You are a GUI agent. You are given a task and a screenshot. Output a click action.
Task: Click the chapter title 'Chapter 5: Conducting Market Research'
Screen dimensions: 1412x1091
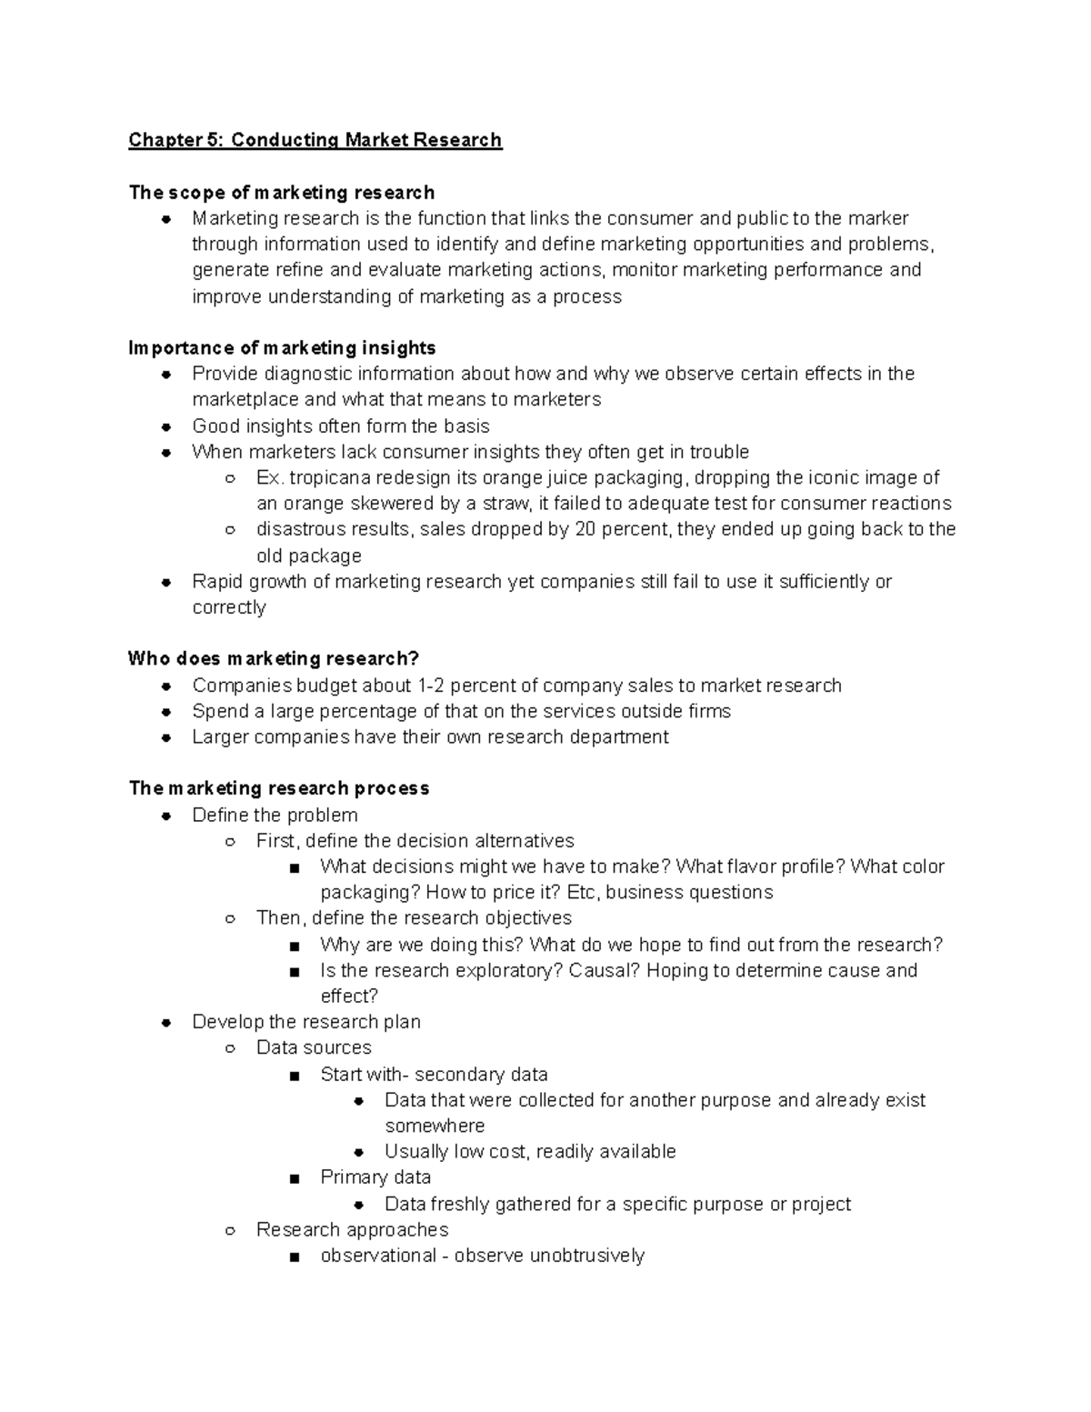315,140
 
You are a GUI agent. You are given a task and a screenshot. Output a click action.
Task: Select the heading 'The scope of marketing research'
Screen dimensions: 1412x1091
282,193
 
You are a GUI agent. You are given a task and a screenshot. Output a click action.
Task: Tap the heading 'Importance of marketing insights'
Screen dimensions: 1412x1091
282,348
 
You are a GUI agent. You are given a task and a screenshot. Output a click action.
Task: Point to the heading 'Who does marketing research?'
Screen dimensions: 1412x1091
274,658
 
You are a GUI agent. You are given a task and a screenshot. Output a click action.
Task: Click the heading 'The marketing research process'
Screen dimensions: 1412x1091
279,788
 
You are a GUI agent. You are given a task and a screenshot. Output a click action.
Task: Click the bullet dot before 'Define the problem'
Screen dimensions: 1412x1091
166,816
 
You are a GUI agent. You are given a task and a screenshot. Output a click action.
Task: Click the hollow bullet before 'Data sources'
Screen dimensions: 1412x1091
231,1048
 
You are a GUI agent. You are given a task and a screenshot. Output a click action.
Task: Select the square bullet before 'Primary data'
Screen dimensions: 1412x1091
294,1178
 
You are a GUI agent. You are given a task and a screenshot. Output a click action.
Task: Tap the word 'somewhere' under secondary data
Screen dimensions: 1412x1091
435,1126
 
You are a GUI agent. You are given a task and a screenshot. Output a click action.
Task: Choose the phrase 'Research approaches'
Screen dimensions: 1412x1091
352,1230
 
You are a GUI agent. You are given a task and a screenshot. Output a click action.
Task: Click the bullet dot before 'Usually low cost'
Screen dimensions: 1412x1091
359,1152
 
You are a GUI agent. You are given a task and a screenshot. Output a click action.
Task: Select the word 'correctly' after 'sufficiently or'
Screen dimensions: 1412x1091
229,607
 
